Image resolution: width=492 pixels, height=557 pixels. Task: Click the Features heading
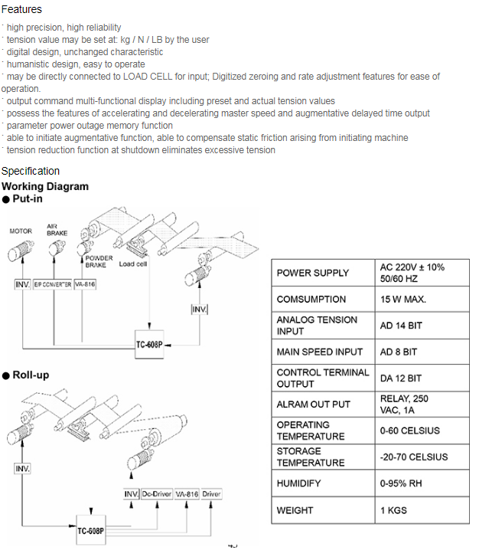point(21,9)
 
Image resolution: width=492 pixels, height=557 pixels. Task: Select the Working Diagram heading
point(45,186)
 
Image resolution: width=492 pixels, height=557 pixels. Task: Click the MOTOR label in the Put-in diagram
point(21,231)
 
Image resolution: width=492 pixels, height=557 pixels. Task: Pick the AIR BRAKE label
point(57,230)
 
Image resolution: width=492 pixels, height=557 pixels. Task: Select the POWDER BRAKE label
point(99,261)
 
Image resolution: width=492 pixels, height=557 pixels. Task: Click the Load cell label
point(133,264)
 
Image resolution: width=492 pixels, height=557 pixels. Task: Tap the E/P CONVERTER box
point(53,284)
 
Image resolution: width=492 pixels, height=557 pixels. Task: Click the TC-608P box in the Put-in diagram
point(149,345)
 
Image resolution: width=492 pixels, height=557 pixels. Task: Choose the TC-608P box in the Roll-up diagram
point(91,530)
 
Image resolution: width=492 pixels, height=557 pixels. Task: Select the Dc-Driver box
point(157,494)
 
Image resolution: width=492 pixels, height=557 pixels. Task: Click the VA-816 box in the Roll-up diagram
point(187,494)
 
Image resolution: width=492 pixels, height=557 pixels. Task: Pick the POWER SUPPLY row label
point(313,274)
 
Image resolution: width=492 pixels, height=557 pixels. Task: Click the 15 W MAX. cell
point(403,300)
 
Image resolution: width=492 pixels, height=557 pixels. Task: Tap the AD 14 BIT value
point(401,326)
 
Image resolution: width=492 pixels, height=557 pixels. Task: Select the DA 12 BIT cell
point(401,378)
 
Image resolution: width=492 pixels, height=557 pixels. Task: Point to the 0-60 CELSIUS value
point(410,431)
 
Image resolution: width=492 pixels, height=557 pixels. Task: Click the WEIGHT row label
point(295,510)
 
